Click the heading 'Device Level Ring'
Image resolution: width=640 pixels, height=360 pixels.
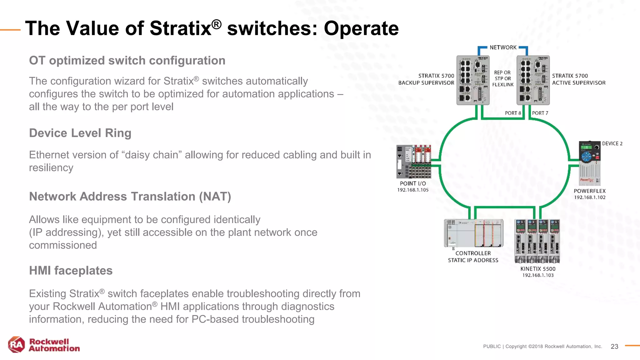(80, 133)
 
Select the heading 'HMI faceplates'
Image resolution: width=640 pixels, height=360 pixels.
(71, 271)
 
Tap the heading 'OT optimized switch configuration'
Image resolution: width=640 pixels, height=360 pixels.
(127, 61)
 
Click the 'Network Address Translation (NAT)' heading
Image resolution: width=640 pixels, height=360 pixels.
(130, 197)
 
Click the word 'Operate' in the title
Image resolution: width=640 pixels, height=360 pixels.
(361, 28)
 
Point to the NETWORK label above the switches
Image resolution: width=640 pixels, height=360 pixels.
(503, 47)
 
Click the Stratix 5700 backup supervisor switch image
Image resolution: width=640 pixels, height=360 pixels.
(472, 80)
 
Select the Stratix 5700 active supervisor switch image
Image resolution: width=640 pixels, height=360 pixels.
(533, 80)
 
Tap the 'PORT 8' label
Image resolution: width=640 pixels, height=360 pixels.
(513, 113)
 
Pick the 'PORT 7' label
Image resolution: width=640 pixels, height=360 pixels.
(540, 113)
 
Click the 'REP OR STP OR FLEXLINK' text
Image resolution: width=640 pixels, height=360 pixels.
(503, 78)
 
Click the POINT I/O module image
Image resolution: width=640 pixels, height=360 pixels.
(413, 162)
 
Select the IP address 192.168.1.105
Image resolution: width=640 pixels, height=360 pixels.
(413, 190)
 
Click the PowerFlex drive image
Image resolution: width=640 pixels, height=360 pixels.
(589, 163)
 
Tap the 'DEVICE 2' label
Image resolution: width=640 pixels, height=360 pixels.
(612, 144)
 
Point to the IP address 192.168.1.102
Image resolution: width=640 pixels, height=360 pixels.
(590, 197)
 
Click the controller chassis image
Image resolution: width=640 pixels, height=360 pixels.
(473, 233)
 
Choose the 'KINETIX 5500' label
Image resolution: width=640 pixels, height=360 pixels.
(538, 269)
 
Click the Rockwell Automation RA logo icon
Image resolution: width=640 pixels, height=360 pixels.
(16, 345)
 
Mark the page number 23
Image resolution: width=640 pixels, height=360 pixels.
(614, 347)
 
